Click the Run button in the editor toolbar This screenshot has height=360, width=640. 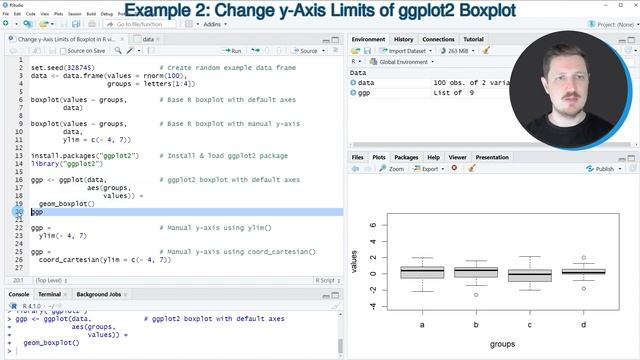(x=232, y=50)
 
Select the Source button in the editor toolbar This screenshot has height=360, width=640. (x=306, y=50)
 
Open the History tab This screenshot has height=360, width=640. (x=403, y=39)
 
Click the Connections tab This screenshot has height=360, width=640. (x=439, y=39)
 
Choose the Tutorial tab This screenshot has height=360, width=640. (x=473, y=39)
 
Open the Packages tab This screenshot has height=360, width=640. (x=406, y=157)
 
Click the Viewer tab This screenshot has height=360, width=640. (x=457, y=157)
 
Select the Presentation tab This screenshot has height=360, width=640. (x=492, y=157)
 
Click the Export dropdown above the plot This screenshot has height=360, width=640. (x=432, y=169)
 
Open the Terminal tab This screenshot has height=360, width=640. (x=49, y=295)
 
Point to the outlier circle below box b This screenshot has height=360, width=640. (x=476, y=295)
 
